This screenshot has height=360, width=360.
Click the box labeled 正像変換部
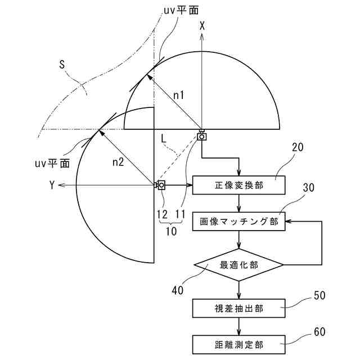(x=239, y=185)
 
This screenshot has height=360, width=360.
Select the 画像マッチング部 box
(x=239, y=221)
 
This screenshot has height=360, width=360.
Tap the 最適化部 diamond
(x=239, y=264)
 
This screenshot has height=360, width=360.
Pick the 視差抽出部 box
(x=239, y=308)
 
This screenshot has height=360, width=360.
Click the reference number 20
(x=298, y=147)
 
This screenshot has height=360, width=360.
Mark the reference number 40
(x=179, y=290)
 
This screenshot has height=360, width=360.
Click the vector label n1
(x=179, y=96)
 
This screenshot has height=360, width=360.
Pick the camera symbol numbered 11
(x=201, y=135)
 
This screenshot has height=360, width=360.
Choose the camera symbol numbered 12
(x=160, y=185)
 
